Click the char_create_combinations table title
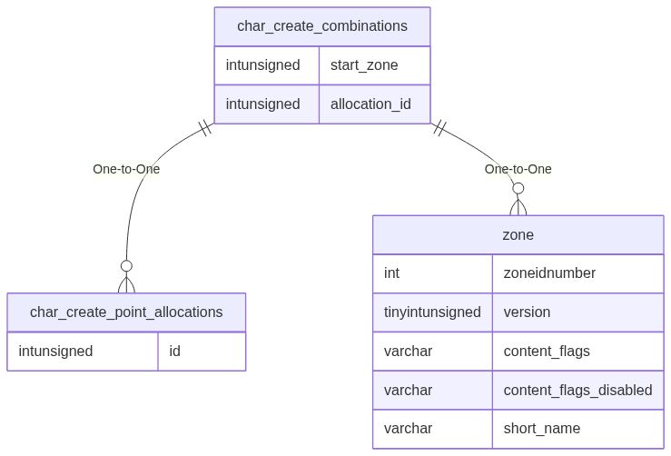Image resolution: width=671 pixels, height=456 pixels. pyautogui.click(x=321, y=26)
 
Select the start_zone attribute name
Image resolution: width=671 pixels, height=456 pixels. pyautogui.click(x=364, y=64)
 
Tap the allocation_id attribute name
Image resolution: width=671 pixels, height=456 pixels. pyautogui.click(x=370, y=104)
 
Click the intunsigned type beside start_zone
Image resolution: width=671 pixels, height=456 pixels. pyautogui.click(x=262, y=64)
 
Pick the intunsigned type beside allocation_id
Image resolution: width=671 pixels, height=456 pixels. pyautogui.click(x=262, y=104)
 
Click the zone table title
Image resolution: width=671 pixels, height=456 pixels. pyautogui.click(x=518, y=234)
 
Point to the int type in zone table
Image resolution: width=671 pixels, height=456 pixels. pyautogui.click(x=392, y=273)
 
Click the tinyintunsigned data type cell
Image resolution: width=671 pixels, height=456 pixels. pyautogui.click(x=432, y=312)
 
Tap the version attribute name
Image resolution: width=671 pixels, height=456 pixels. pyautogui.click(x=527, y=312)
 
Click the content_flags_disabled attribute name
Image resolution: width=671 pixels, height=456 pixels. pyautogui.click(x=577, y=390)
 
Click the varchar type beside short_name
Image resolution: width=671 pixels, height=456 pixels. pyautogui.click(x=408, y=429)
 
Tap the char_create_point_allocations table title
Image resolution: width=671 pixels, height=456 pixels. pyautogui.click(x=126, y=312)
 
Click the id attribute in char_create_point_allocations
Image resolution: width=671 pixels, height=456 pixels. pyautogui.click(x=175, y=351)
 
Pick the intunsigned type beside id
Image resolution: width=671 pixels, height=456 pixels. pyautogui.click(x=55, y=351)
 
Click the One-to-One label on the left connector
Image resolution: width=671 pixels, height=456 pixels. pyautogui.click(x=126, y=169)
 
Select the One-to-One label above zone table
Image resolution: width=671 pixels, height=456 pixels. pyautogui.click(x=518, y=169)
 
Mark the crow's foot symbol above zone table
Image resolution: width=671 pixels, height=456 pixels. pyautogui.click(x=518, y=202)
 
